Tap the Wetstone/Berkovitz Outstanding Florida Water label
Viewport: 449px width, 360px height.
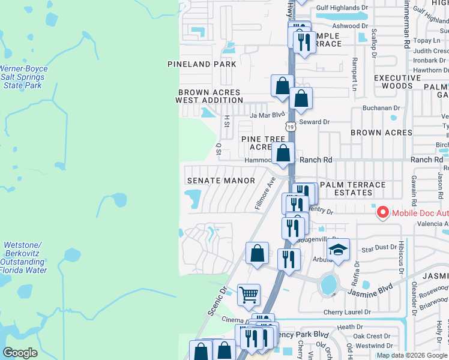(x=24, y=257)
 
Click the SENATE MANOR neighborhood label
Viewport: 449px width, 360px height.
(x=221, y=180)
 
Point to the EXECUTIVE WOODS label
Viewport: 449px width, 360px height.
(x=397, y=82)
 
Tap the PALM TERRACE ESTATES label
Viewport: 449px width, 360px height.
(x=354, y=188)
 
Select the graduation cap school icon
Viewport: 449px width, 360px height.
(x=339, y=250)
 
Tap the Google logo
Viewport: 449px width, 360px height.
(x=20, y=353)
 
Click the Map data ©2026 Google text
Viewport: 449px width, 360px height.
(x=411, y=355)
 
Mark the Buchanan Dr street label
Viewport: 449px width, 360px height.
(x=381, y=108)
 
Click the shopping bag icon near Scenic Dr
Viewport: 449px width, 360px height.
(x=257, y=253)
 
